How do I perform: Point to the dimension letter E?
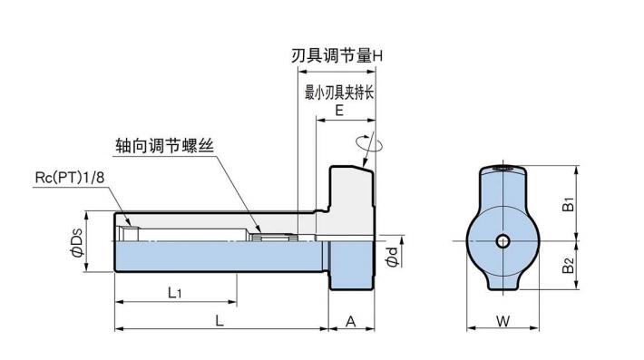338,112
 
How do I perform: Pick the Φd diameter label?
392,257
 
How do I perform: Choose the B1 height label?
567,204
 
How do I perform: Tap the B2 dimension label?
567,267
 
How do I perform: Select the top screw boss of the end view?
503,170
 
